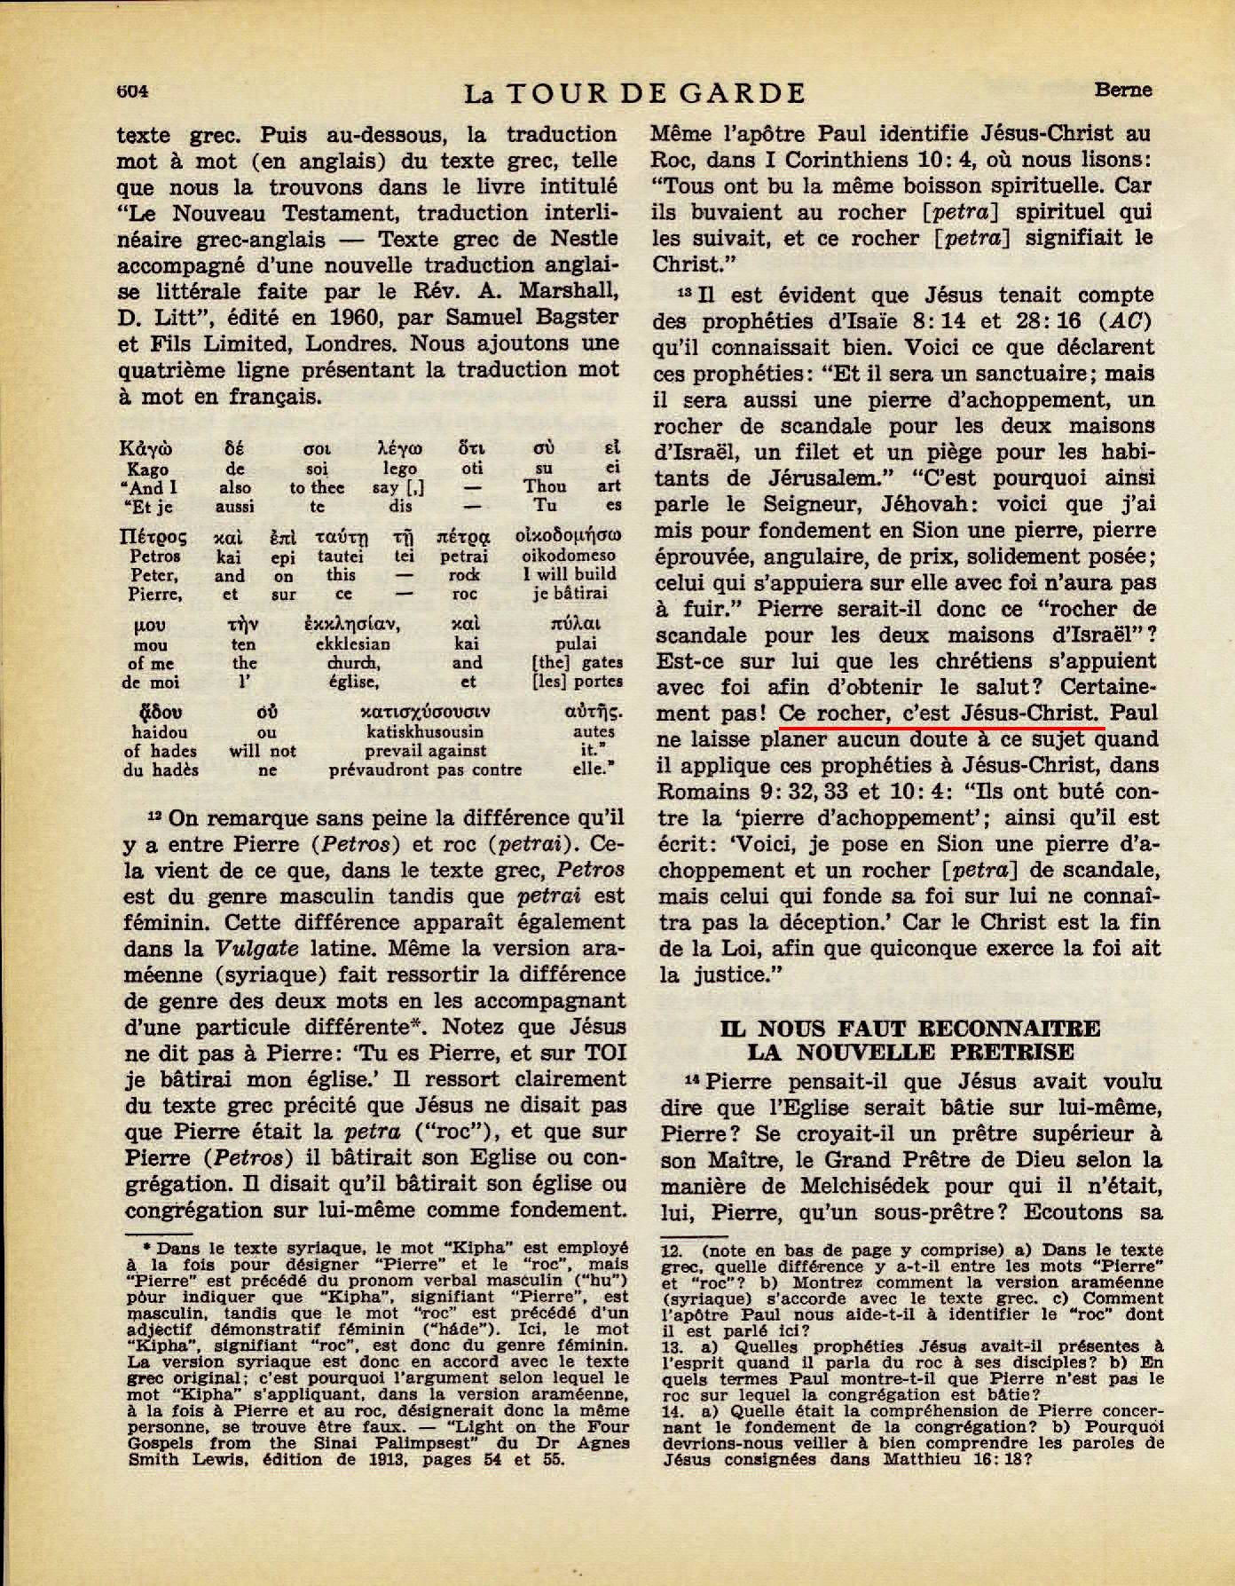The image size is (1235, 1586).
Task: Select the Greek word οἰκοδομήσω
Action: coord(568,537)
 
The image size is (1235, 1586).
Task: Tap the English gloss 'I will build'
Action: coord(568,574)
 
